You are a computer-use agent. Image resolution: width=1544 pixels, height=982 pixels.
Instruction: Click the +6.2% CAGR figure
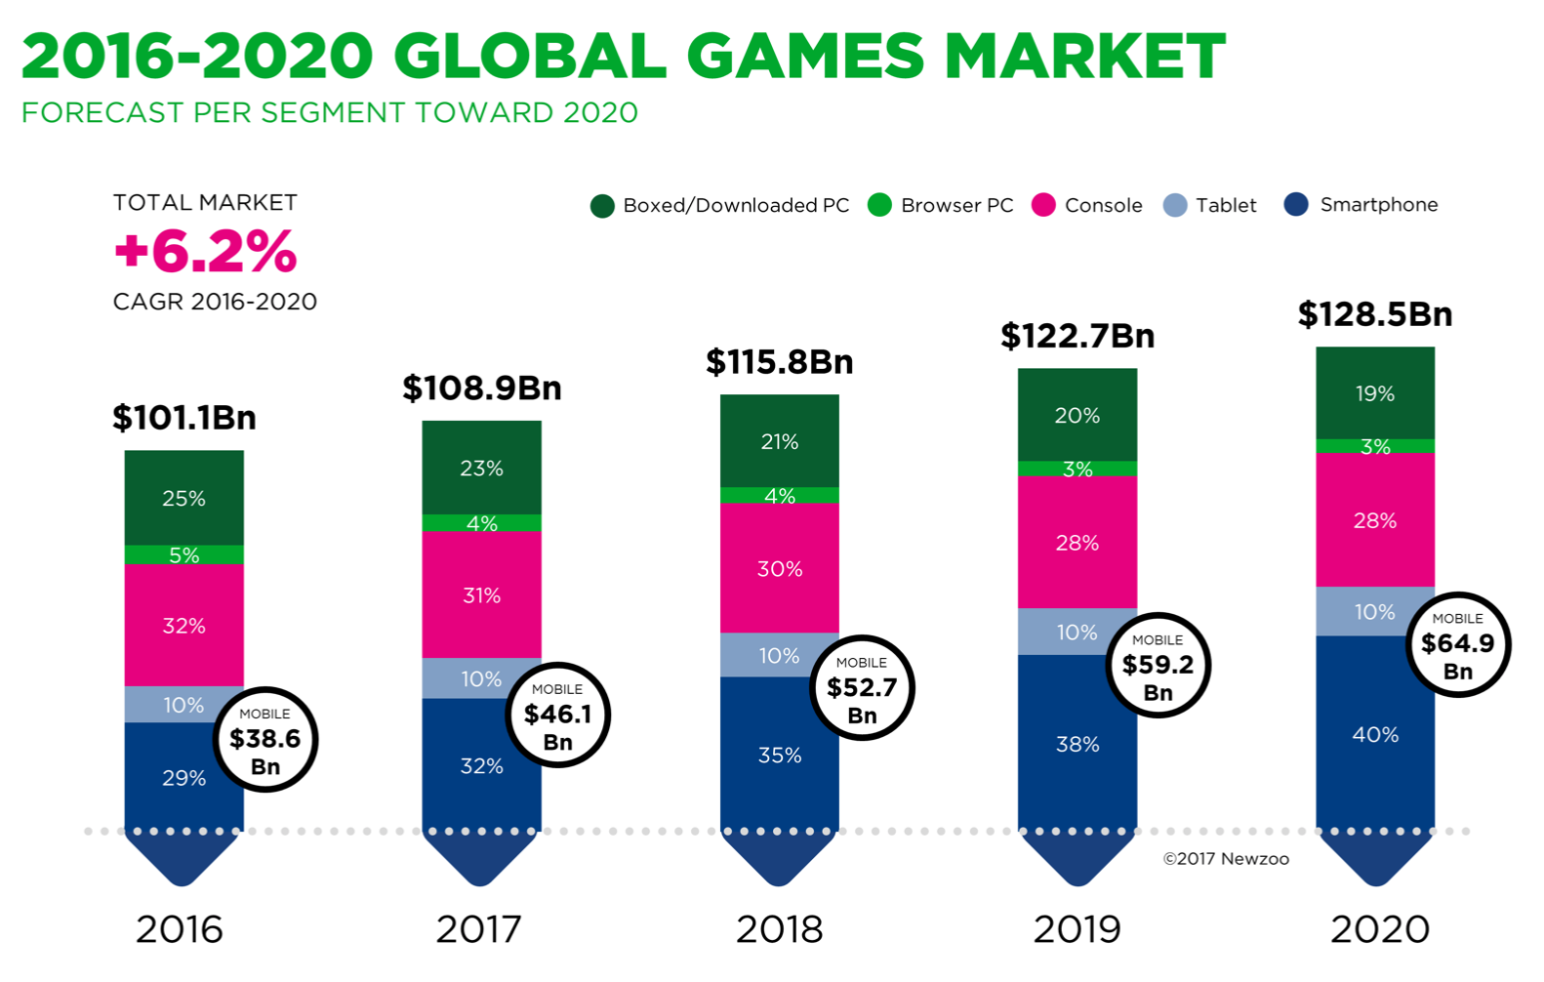pyautogui.click(x=205, y=251)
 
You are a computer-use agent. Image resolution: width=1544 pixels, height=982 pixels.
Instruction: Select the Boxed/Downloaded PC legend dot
pyautogui.click(x=602, y=206)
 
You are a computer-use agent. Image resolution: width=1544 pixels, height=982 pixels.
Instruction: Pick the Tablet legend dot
pyautogui.click(x=1175, y=206)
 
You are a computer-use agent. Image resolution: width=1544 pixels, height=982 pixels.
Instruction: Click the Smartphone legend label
pyautogui.click(x=1378, y=205)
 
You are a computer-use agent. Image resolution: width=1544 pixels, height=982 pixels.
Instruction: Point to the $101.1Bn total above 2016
pyautogui.click(x=183, y=418)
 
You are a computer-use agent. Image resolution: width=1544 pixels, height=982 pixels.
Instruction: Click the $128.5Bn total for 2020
pyautogui.click(x=1374, y=314)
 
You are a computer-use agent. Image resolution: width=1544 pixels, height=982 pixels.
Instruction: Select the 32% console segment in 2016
pyautogui.click(x=183, y=626)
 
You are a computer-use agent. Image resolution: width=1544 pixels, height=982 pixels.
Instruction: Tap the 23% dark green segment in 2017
pyautogui.click(x=481, y=469)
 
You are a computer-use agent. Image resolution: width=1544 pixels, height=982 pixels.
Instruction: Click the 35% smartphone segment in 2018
pyautogui.click(x=779, y=755)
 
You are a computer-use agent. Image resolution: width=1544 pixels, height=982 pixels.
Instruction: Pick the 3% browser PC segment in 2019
pyautogui.click(x=1077, y=469)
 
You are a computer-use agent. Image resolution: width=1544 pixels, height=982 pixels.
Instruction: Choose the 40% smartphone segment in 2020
pyautogui.click(x=1374, y=734)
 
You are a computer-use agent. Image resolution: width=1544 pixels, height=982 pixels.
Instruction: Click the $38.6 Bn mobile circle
pyautogui.click(x=265, y=739)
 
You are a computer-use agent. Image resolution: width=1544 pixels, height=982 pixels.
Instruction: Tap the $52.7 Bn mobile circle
pyautogui.click(x=862, y=688)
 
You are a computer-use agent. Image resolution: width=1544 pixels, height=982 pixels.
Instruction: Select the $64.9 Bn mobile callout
pyautogui.click(x=1457, y=644)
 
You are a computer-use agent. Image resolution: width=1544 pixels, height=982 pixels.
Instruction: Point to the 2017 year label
pyautogui.click(x=478, y=929)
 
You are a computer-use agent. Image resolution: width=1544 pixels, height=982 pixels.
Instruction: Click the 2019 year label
pyautogui.click(x=1077, y=929)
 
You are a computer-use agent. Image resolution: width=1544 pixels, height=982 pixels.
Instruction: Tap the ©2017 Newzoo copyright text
pyautogui.click(x=1226, y=859)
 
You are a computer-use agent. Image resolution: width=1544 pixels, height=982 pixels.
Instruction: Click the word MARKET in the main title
pyautogui.click(x=1084, y=56)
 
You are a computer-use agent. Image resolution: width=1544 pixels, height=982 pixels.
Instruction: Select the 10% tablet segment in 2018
pyautogui.click(x=779, y=655)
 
